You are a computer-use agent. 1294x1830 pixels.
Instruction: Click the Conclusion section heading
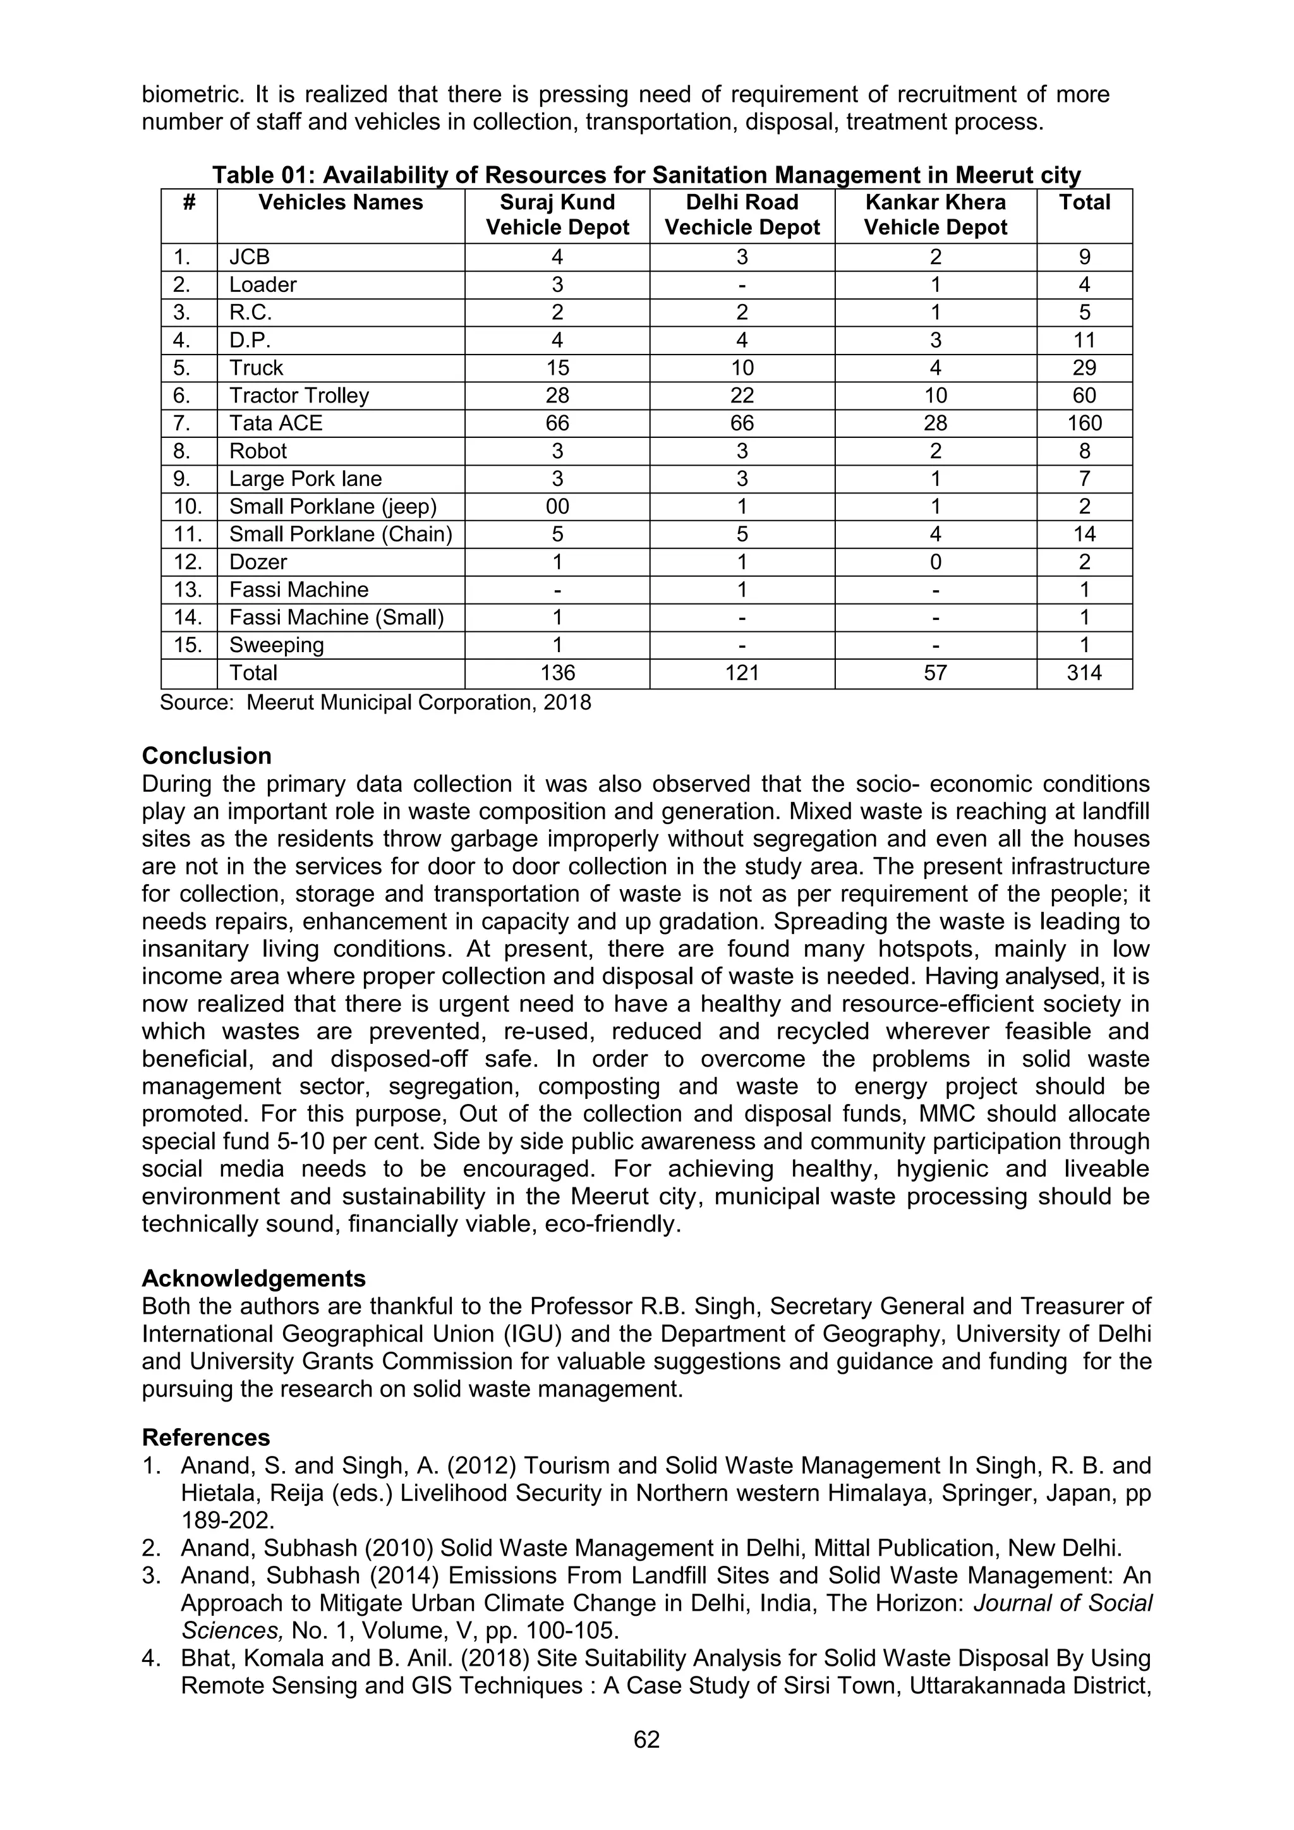point(207,756)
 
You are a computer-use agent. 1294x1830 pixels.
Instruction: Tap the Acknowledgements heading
point(253,1278)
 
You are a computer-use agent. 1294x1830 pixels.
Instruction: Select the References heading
point(205,1437)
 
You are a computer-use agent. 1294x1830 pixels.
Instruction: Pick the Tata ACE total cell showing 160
point(1084,423)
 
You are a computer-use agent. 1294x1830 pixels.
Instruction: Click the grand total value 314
point(1084,673)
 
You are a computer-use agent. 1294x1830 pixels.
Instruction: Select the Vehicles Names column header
point(340,202)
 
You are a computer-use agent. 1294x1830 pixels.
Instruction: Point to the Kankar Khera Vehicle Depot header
point(936,215)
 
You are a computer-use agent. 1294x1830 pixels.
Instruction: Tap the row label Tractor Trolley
point(299,396)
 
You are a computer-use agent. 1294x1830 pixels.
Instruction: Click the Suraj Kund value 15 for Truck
point(557,368)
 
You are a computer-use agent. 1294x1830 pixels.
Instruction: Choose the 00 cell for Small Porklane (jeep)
point(557,507)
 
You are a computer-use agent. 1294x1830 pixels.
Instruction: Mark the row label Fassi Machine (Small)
point(336,618)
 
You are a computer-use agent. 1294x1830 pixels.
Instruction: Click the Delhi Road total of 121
point(742,673)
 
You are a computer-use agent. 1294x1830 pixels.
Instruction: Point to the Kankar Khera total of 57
point(936,673)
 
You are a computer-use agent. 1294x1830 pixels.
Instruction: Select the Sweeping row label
point(277,645)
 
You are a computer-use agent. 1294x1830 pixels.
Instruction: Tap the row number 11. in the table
point(188,534)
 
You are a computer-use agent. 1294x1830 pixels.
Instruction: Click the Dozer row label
point(258,562)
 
